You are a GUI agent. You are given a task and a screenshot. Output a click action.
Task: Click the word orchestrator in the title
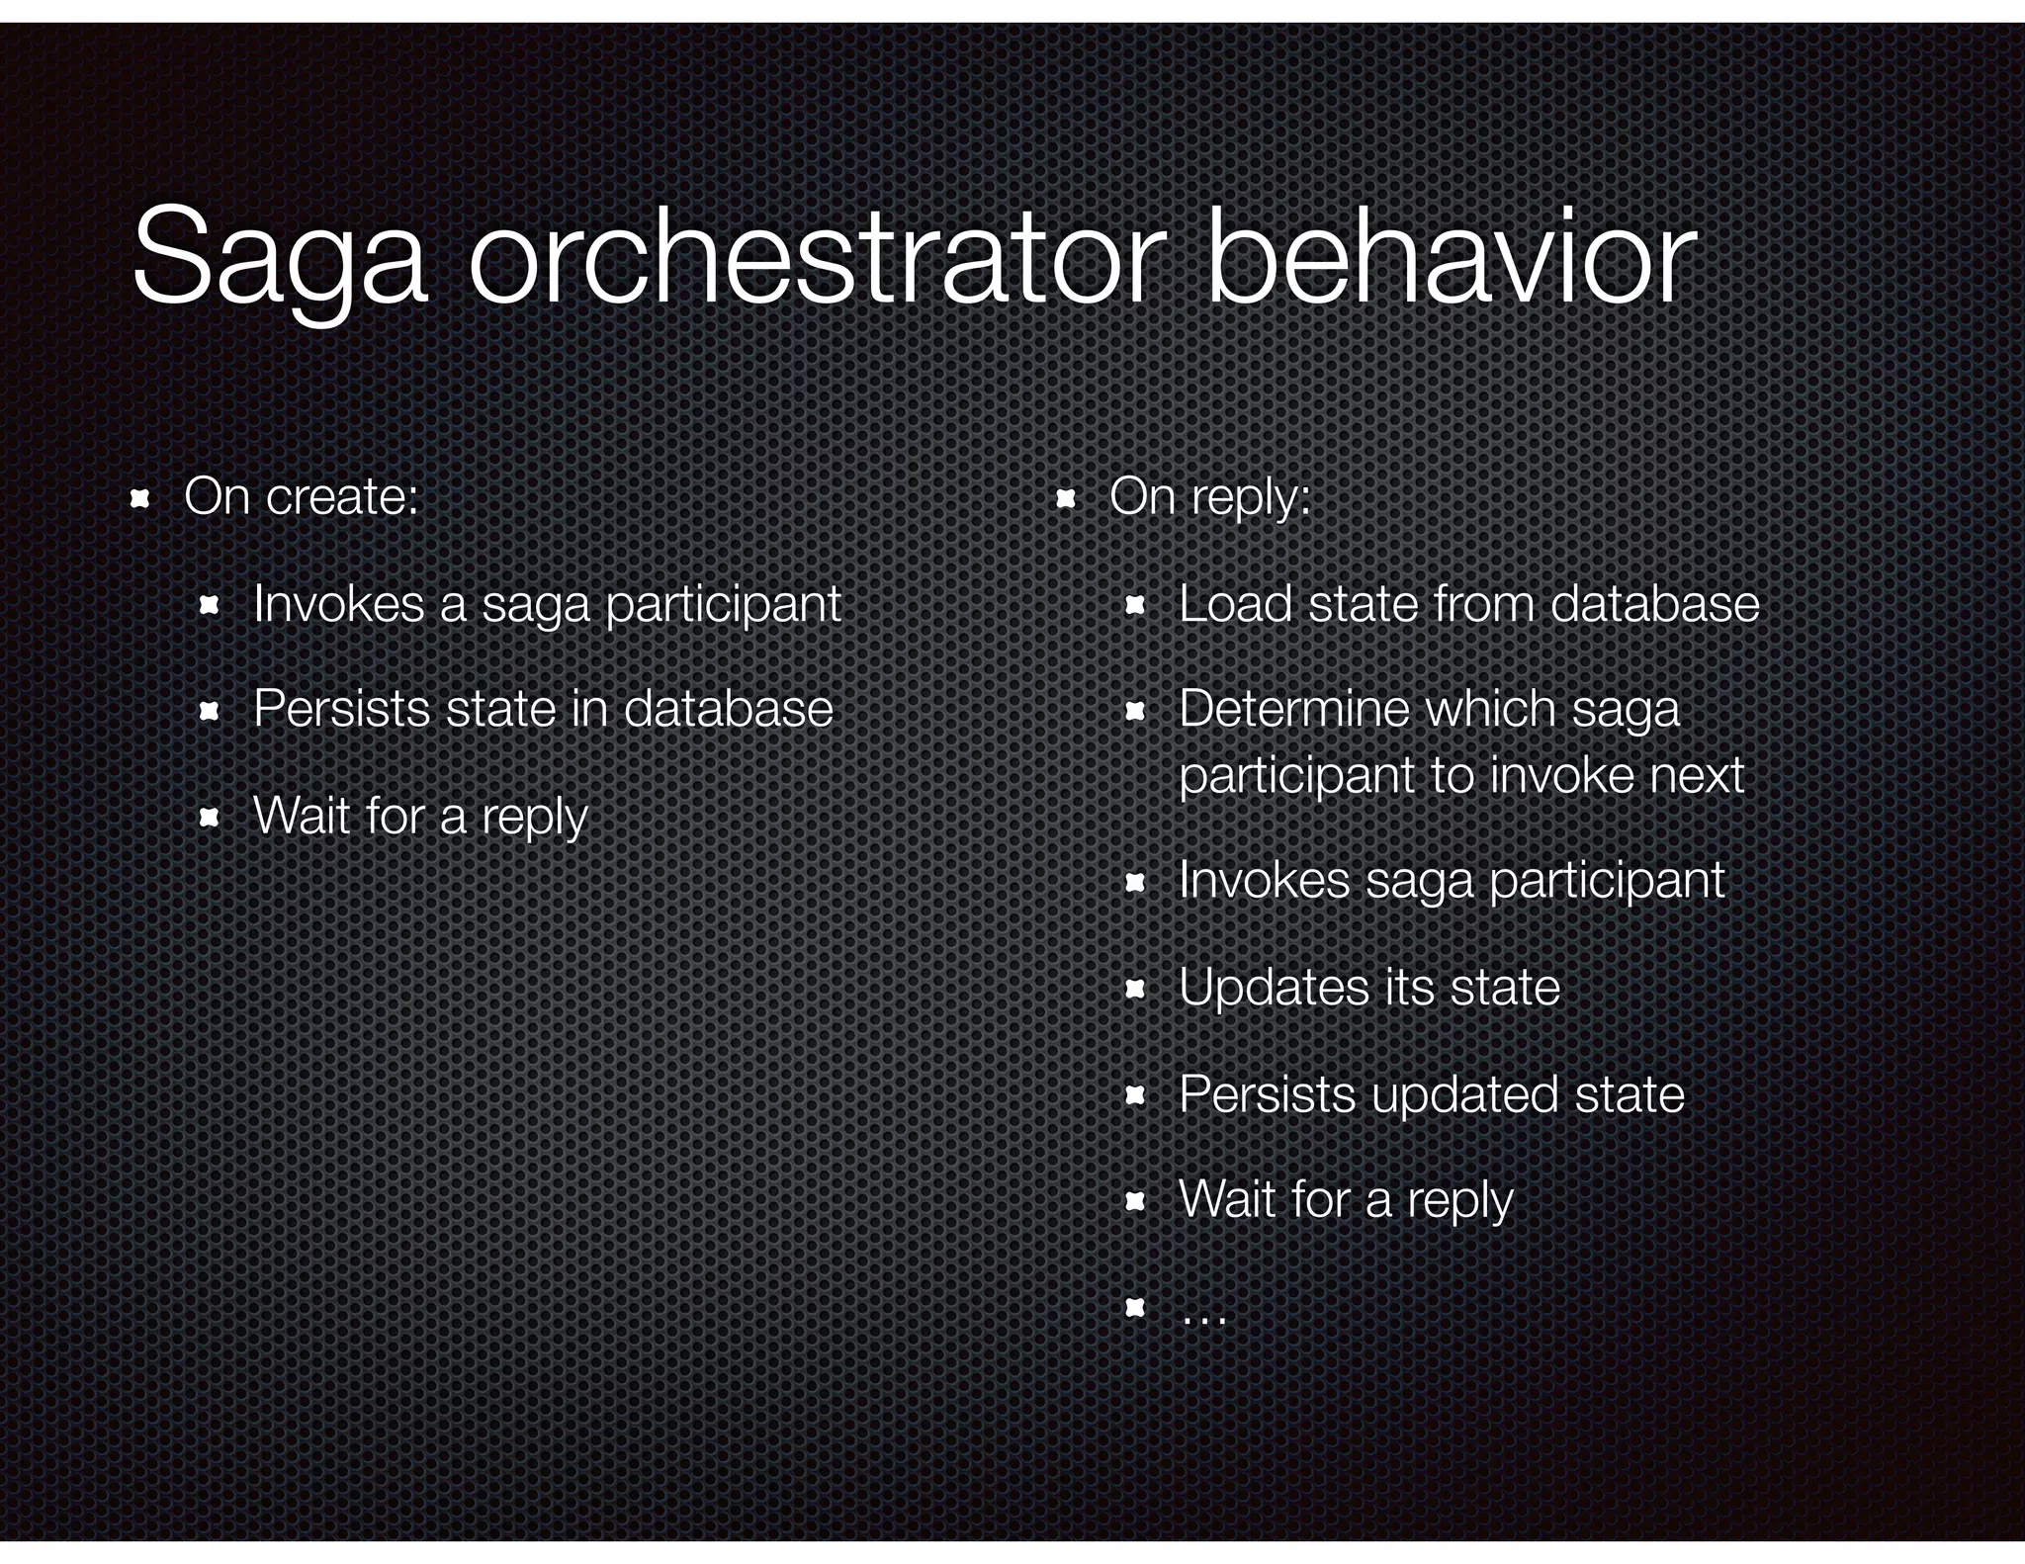tap(811, 257)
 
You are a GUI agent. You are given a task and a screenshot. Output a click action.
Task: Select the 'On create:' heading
tap(301, 496)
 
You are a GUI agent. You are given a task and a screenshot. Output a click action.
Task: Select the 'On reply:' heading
tap(1209, 497)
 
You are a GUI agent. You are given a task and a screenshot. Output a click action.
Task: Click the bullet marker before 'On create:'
tap(139, 498)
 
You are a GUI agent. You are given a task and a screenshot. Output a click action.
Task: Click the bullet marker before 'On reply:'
tap(1065, 498)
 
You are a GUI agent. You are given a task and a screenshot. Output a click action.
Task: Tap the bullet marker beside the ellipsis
tap(1135, 1309)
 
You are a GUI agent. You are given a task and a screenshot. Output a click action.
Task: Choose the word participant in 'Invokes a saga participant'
tap(723, 606)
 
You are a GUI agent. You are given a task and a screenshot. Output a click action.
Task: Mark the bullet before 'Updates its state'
tap(1135, 989)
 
